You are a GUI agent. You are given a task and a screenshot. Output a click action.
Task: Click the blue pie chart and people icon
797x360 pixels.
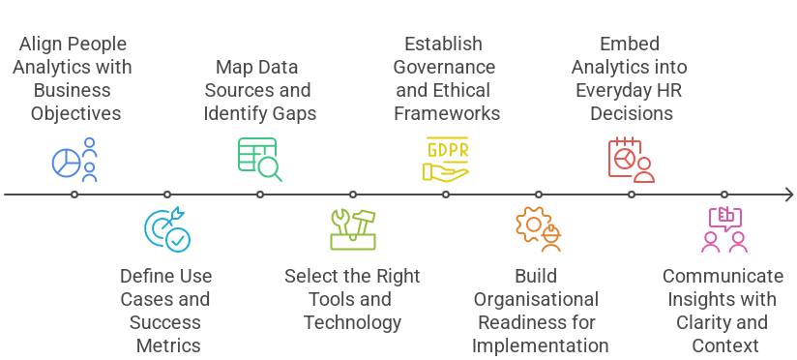tap(74, 160)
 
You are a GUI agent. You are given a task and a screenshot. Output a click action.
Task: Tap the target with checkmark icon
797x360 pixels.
tap(166, 229)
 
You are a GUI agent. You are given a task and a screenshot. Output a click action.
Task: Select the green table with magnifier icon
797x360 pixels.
tap(259, 160)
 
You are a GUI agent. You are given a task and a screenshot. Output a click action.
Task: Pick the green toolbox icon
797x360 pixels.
tap(352, 229)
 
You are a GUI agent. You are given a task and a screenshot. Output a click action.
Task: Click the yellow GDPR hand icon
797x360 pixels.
tap(445, 160)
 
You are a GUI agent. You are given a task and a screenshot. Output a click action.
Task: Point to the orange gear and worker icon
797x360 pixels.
tap(538, 229)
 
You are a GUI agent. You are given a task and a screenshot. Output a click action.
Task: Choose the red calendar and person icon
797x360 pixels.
tap(631, 160)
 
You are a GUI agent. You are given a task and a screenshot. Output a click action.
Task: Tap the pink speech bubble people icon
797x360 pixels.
tap(723, 229)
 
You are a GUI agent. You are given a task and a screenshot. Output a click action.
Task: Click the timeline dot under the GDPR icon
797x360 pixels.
tap(446, 195)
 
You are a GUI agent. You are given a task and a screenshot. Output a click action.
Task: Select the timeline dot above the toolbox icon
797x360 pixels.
tap(353, 195)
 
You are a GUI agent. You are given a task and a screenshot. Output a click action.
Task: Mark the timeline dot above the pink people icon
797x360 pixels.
tap(724, 195)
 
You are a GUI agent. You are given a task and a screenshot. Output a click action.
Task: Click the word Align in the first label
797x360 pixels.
tap(42, 45)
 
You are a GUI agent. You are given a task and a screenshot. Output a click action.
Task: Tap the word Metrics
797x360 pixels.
tap(166, 345)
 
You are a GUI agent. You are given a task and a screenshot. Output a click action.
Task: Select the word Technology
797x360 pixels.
tap(352, 322)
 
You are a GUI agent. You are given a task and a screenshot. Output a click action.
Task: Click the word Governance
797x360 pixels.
tap(446, 68)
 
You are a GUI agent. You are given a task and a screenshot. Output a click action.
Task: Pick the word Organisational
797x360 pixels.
tap(538, 299)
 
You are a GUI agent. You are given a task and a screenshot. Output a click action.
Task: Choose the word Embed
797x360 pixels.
tap(630, 45)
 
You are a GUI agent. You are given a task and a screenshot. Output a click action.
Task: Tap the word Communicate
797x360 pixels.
tap(723, 276)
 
